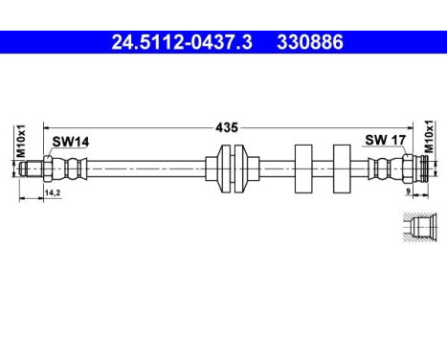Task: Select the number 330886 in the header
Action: point(310,43)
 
